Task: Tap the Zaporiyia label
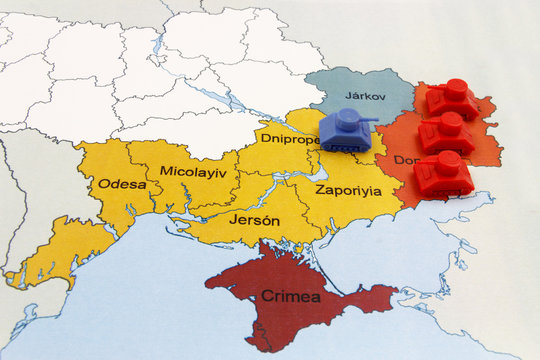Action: (348, 190)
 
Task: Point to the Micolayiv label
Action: (193, 172)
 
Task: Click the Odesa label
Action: (122, 184)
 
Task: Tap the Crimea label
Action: (290, 296)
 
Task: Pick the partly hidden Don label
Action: (406, 160)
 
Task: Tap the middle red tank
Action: (446, 133)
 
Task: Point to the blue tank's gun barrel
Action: (369, 122)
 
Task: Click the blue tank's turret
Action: (345, 120)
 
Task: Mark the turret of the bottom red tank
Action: (449, 160)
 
